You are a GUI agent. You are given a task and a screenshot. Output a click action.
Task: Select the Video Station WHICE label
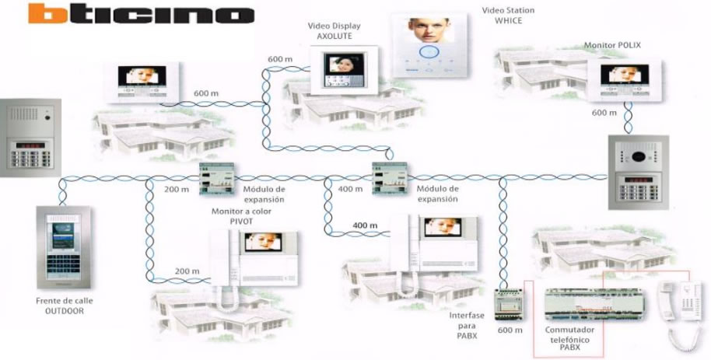tap(503, 15)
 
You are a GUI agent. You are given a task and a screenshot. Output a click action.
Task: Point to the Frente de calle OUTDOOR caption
tap(60, 306)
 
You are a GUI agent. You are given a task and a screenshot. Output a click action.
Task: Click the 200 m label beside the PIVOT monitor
tap(186, 271)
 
